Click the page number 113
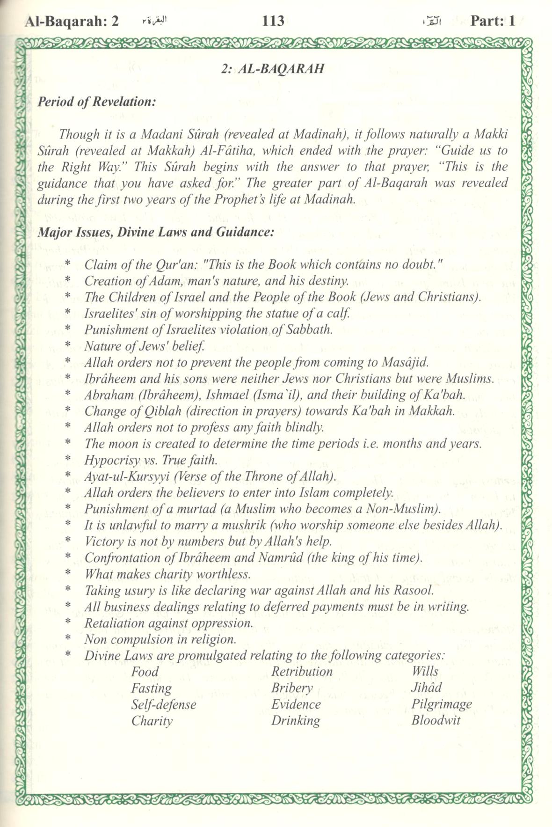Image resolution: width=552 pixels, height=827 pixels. [274, 21]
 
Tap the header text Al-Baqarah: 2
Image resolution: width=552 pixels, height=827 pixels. [72, 21]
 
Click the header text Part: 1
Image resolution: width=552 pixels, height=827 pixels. [493, 21]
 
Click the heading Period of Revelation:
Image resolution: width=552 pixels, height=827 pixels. [97, 102]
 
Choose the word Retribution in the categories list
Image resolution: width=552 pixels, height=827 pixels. [302, 672]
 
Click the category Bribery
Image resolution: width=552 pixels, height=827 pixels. [292, 688]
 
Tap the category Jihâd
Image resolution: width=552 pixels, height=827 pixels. [426, 688]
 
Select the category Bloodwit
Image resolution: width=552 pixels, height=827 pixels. [436, 720]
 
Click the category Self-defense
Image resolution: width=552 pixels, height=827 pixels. [163, 704]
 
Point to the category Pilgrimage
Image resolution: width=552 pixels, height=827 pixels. [442, 704]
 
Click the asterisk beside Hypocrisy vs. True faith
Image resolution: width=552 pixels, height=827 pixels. [68, 460]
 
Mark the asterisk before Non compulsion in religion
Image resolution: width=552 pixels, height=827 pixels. [68, 639]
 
